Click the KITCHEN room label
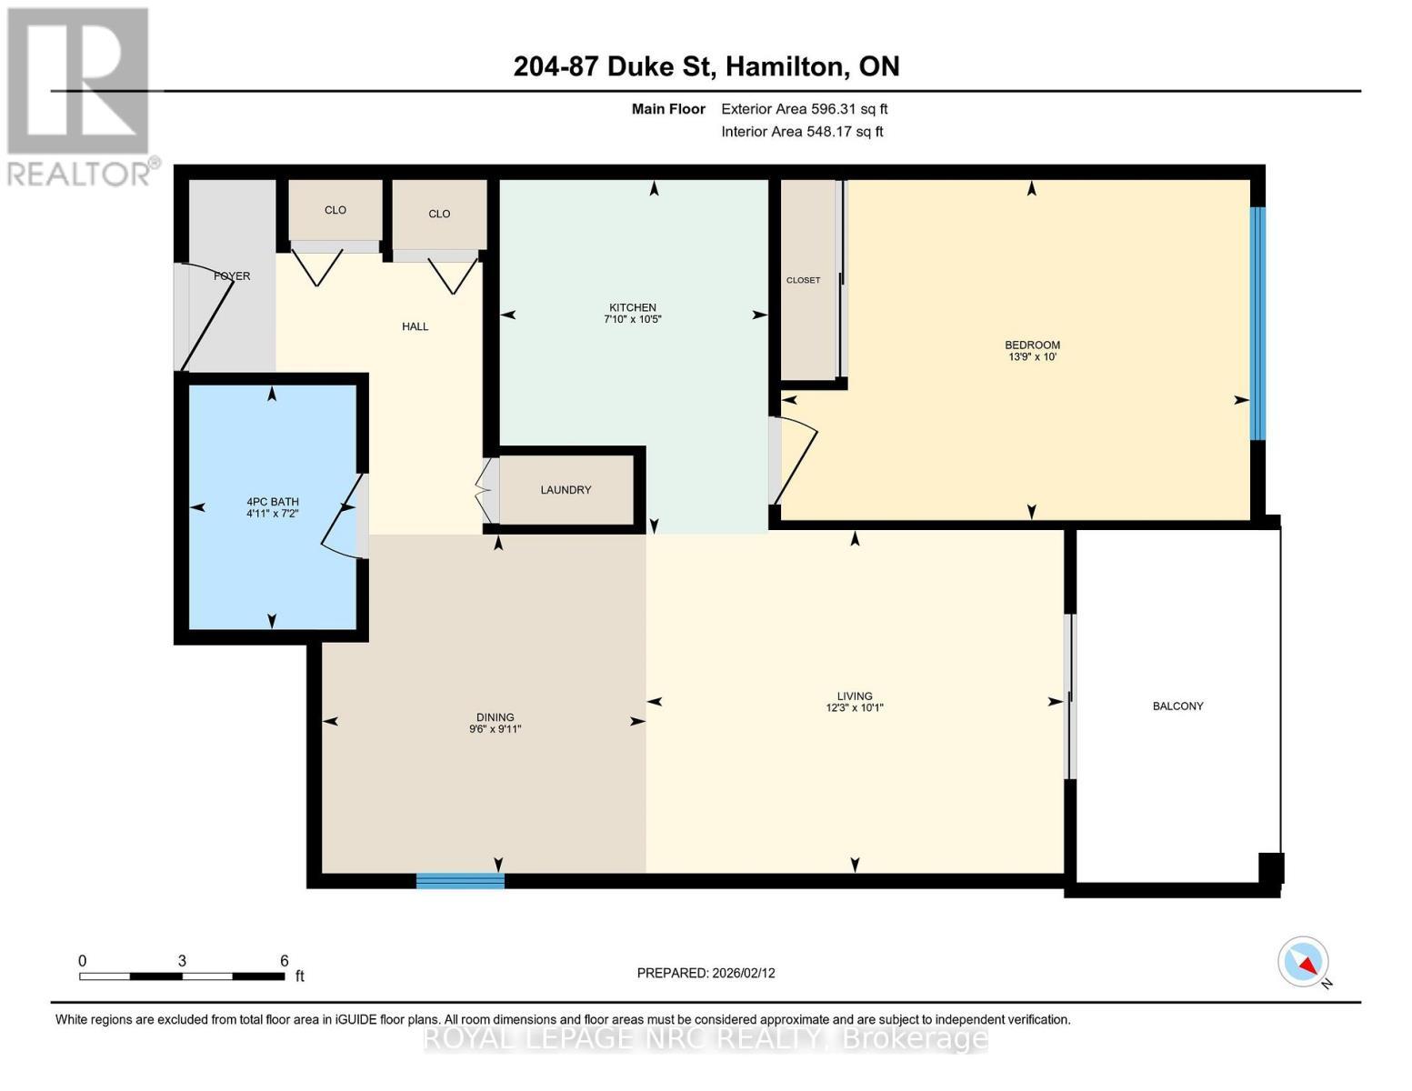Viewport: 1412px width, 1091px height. tap(632, 307)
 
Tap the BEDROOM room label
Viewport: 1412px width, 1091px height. tap(1032, 345)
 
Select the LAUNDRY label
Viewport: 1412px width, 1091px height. tap(566, 490)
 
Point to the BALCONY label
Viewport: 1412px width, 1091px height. tap(1178, 706)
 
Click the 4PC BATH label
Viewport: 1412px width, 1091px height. tap(273, 502)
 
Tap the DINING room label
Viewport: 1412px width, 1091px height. tap(496, 717)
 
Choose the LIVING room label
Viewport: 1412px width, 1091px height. tap(855, 696)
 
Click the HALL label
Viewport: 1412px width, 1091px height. tap(416, 326)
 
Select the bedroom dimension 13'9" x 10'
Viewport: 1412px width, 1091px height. tap(1032, 356)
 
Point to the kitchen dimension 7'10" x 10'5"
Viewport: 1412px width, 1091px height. tap(632, 319)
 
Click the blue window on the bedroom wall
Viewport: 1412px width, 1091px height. tap(1258, 324)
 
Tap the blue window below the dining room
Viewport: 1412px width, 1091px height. tap(460, 880)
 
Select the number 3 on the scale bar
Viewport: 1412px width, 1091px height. tap(182, 961)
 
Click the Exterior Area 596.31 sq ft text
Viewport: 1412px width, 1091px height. tap(805, 109)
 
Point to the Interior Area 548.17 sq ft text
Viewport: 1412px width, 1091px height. tap(802, 132)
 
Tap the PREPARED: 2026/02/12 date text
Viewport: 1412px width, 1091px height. tap(706, 974)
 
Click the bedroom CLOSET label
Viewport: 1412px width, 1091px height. tap(803, 280)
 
